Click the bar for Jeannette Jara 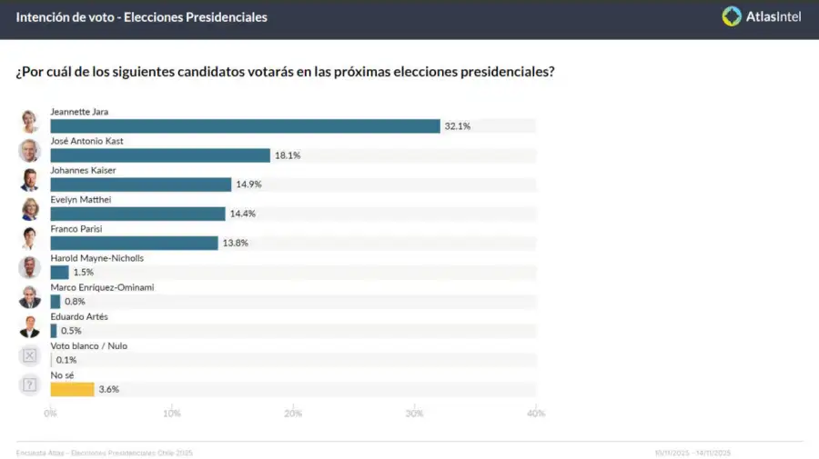[x=246, y=126]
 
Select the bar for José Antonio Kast [x=160, y=155]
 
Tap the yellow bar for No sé [x=72, y=389]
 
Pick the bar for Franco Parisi [x=134, y=243]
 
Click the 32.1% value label [x=457, y=126]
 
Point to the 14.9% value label [x=248, y=185]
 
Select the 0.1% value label [x=66, y=360]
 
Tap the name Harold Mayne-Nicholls [x=96, y=258]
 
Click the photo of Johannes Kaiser [x=30, y=180]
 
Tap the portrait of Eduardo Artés [x=30, y=326]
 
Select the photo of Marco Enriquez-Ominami [x=30, y=297]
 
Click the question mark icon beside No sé [x=30, y=384]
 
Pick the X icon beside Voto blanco [x=30, y=355]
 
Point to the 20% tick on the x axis [x=293, y=414]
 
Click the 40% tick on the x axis [x=536, y=414]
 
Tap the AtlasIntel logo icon [x=732, y=16]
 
